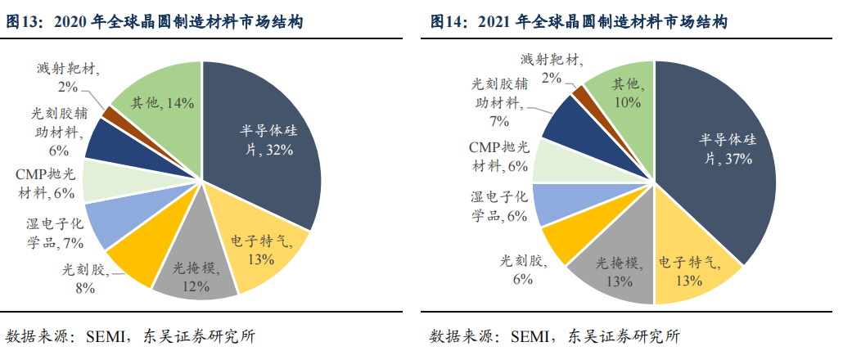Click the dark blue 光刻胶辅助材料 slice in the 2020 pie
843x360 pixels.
105,139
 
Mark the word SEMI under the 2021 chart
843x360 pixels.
528,335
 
